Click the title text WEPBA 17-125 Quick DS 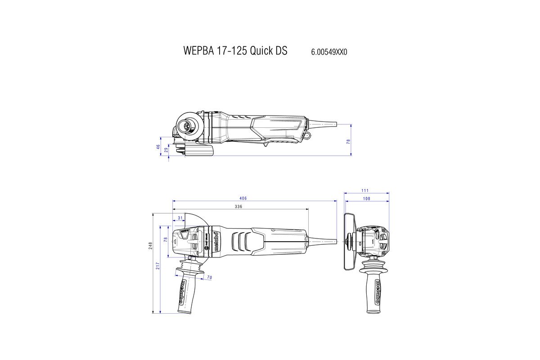[235, 50]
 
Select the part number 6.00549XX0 [329, 52]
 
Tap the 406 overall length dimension [243, 198]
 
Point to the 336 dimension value [239, 207]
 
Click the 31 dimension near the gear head [180, 218]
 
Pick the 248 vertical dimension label [151, 245]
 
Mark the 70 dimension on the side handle [210, 278]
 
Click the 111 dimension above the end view [366, 191]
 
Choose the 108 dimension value [366, 198]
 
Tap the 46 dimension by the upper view [158, 147]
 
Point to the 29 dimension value [166, 150]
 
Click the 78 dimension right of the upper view [348, 141]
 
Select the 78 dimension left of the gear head [166, 240]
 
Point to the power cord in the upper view [324, 123]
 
